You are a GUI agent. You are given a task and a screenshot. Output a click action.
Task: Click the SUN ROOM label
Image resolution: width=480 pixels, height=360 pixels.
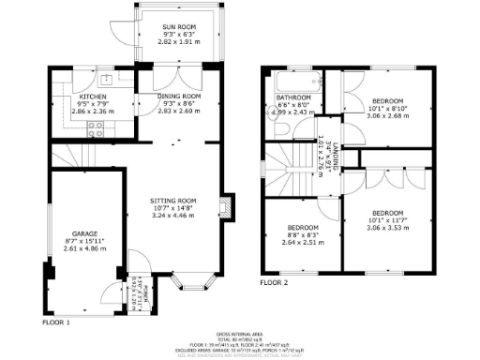click(170, 26)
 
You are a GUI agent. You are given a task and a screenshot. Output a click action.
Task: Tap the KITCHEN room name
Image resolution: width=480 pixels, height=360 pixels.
click(93, 97)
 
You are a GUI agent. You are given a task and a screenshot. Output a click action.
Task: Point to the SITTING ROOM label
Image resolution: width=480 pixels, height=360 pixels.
click(173, 200)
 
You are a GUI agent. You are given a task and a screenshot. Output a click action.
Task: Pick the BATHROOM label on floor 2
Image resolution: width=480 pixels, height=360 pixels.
click(292, 98)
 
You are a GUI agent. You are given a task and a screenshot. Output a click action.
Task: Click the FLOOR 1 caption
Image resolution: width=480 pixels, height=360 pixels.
click(54, 322)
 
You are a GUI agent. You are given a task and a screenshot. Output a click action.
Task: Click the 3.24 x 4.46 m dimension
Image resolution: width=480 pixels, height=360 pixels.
click(173, 216)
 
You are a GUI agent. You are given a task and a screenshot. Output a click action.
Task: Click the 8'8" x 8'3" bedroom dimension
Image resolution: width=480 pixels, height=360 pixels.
click(303, 234)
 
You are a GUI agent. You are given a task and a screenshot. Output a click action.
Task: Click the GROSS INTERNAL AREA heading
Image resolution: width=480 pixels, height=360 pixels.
click(240, 333)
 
